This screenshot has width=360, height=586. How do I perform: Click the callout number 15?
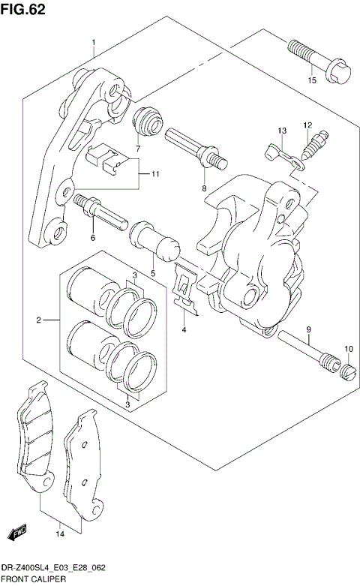pos(310,80)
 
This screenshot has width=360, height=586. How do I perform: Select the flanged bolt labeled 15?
pos(310,60)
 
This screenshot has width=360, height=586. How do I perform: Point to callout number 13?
pos(281,131)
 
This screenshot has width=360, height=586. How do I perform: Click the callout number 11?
pos(154,175)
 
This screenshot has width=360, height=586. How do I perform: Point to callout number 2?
pos(37,321)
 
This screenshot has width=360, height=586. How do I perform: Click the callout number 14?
pos(59,533)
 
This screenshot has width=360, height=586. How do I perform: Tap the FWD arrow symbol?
pos(18,532)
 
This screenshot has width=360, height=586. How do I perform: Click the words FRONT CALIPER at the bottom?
pos(34,580)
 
